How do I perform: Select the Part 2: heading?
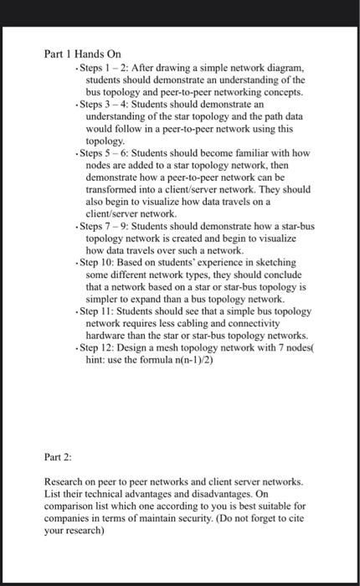pos(58,459)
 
